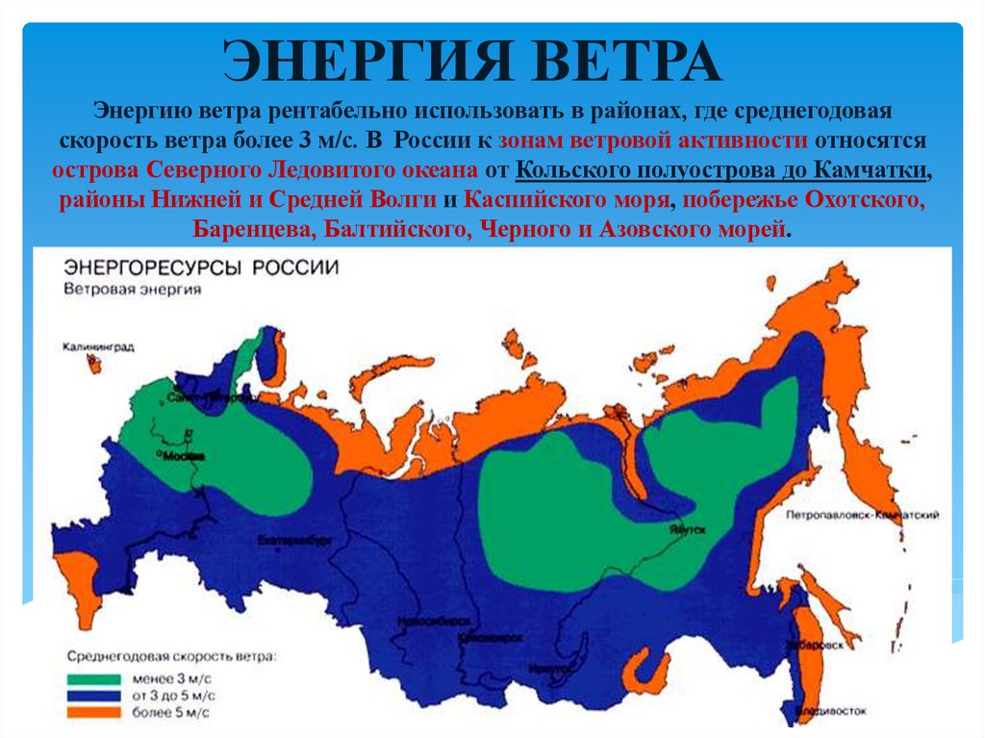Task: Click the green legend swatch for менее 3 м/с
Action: click(93, 677)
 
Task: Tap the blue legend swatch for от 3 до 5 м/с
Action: click(93, 695)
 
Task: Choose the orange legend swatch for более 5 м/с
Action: click(93, 712)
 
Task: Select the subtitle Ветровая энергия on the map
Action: click(133, 289)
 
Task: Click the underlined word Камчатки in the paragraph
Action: click(871, 171)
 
